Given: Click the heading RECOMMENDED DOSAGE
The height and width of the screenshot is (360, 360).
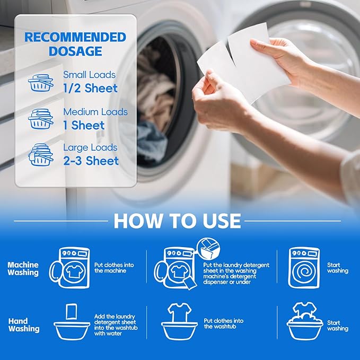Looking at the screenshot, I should click(x=75, y=45).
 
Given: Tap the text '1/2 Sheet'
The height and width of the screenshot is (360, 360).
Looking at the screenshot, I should click(x=90, y=88).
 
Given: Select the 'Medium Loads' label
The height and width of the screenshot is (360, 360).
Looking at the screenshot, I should click(x=95, y=112).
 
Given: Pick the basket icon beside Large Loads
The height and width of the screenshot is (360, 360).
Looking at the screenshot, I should click(x=41, y=154).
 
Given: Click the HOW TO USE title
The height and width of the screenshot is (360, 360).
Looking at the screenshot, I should click(x=177, y=220).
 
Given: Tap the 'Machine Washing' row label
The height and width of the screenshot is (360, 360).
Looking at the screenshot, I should click(x=23, y=268).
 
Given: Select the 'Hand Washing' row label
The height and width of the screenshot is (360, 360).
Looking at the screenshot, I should click(x=24, y=324).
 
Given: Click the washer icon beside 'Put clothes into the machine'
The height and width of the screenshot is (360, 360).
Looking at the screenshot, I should click(x=70, y=268).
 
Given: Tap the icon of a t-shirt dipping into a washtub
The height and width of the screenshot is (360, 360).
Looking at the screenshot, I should click(x=179, y=322).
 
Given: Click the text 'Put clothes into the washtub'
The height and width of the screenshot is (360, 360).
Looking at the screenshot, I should click(x=224, y=324).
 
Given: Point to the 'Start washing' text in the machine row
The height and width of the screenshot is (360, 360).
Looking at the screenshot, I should click(x=337, y=268).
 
